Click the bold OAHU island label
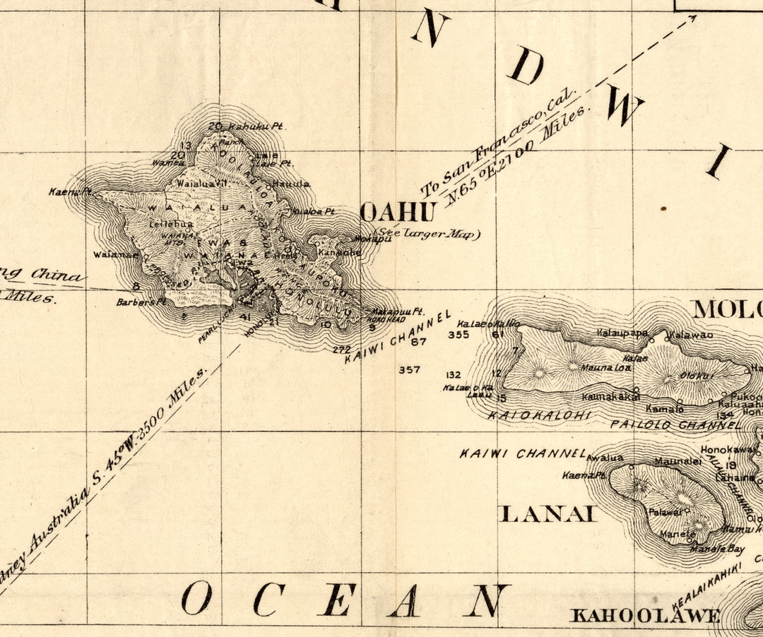tap(396, 212)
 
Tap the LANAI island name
tap(548, 513)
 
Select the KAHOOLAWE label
tap(645, 616)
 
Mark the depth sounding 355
tap(459, 335)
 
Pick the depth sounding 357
tap(409, 369)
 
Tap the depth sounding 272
tap(341, 349)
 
